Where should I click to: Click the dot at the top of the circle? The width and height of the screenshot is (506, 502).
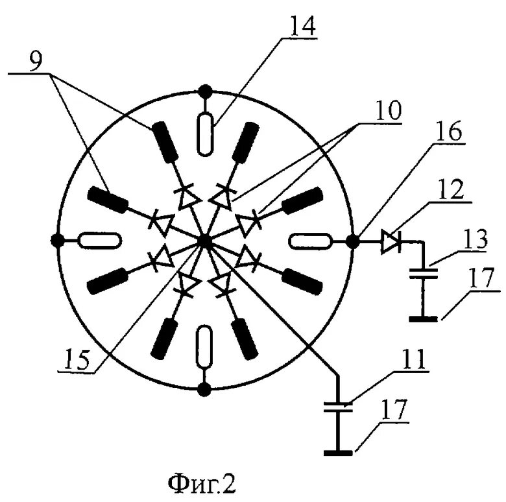(206, 90)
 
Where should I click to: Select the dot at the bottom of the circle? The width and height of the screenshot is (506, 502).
(205, 390)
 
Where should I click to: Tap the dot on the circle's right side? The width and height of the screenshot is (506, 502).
(354, 242)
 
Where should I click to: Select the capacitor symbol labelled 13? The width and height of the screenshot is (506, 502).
(423, 273)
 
